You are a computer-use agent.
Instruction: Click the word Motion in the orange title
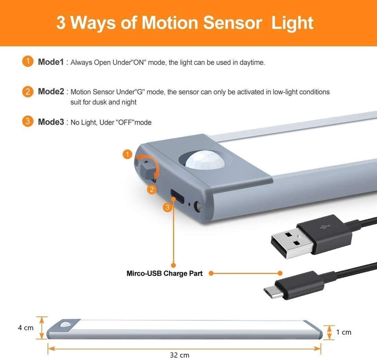tap(170, 23)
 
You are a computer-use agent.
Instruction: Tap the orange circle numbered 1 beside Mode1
tap(28, 62)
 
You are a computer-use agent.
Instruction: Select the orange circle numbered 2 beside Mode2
tap(28, 92)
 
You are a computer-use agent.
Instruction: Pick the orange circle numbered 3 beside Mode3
tap(28, 121)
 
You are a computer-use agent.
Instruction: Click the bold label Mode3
tap(51, 122)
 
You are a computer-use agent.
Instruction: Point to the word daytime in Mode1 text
tap(252, 63)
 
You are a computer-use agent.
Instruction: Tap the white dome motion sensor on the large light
tap(205, 159)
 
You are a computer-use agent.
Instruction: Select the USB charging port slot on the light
tap(177, 196)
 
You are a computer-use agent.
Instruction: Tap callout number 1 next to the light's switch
tap(128, 154)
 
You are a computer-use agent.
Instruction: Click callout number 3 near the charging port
tap(167, 207)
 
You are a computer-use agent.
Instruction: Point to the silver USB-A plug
tap(292, 243)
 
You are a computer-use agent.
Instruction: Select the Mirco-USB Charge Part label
tap(165, 274)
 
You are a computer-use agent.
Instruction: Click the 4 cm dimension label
tap(26, 328)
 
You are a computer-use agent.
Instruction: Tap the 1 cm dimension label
tap(344, 332)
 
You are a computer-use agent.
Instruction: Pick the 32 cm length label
tap(179, 355)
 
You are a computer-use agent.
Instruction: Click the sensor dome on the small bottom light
tap(65, 324)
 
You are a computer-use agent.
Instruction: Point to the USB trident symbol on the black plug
tap(325, 227)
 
